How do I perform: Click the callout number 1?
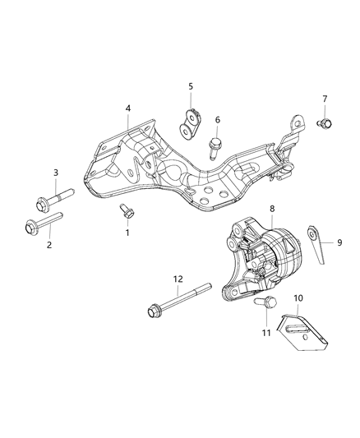tap(127, 233)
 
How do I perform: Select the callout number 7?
tap(325, 99)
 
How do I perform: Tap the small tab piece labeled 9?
tap(316, 239)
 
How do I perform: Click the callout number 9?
tap(339, 242)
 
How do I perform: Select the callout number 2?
tap(48, 245)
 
